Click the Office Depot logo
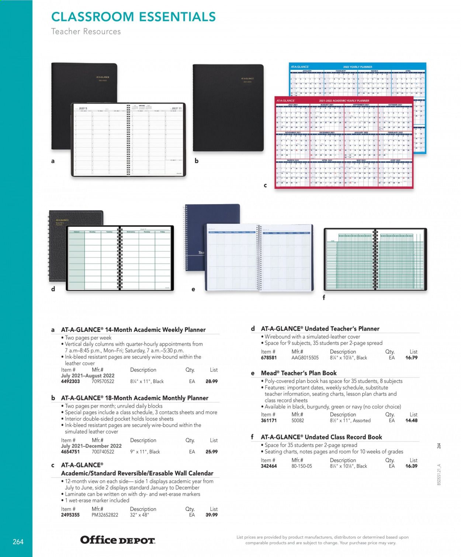pos(118,540)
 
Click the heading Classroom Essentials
pos(134,17)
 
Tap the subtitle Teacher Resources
pos(86,32)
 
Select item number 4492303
pos(70,382)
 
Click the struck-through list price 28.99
pos(211,382)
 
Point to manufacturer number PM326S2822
pos(105,515)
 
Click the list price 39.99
pos(211,515)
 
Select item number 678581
pos(269,358)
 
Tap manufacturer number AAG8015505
pos(305,358)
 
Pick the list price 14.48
pos(411,420)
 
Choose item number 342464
pos(269,466)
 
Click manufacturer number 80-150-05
pos(302,466)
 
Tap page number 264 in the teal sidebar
pos(18,542)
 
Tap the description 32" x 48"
pos(139,515)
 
